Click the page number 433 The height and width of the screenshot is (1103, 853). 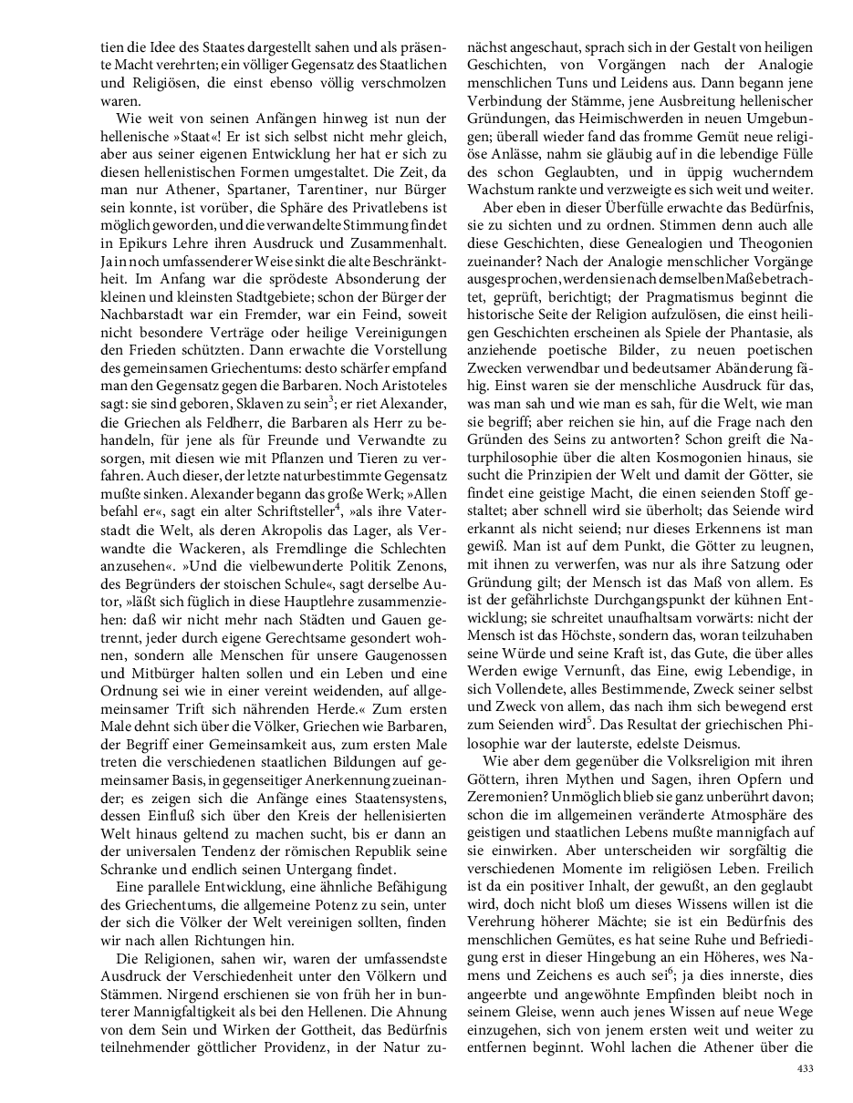(804, 1068)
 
